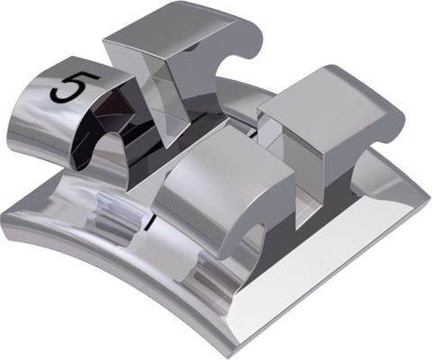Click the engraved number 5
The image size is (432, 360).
tap(67, 87)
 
